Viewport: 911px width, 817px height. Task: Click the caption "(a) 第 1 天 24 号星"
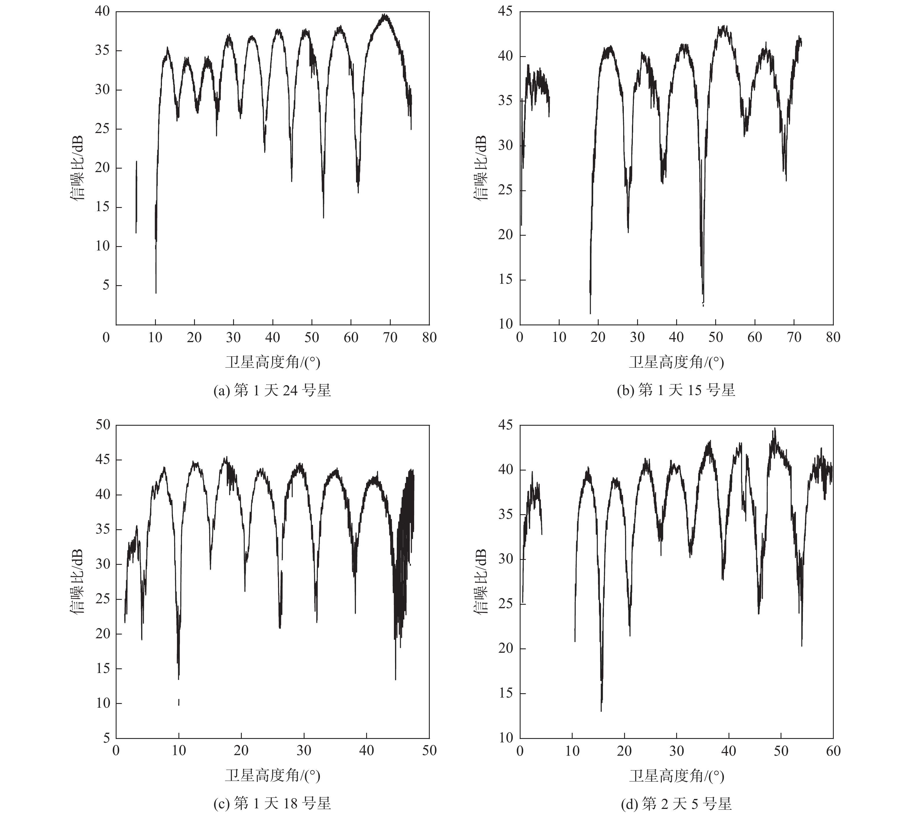[272, 390]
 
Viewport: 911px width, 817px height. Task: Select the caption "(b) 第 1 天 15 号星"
[676, 390]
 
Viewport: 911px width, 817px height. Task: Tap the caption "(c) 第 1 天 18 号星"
[272, 803]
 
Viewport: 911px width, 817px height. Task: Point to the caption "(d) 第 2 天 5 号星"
[676, 803]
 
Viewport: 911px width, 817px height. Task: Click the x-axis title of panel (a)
[272, 362]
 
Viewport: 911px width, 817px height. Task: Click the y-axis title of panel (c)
[77, 581]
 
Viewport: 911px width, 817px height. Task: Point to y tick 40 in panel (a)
[102, 11]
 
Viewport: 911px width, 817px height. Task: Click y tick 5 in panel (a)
[106, 285]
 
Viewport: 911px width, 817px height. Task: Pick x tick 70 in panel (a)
[390, 338]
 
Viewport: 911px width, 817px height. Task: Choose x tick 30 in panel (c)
[304, 750]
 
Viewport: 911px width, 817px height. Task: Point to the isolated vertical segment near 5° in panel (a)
[136, 198]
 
